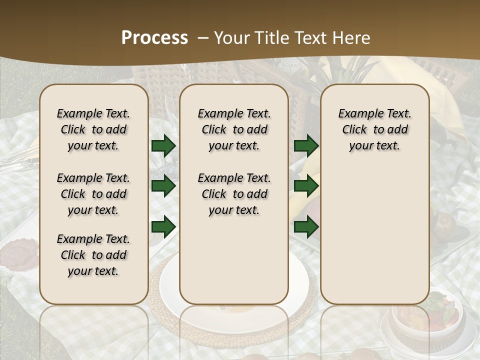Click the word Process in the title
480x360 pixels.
tap(154, 38)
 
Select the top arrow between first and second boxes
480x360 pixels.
tap(163, 146)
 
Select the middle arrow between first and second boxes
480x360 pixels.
tap(163, 186)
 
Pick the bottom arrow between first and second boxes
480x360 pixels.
tap(163, 226)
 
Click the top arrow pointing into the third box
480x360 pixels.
tap(306, 146)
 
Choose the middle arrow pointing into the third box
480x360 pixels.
tap(306, 186)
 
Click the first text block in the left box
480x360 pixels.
tap(93, 129)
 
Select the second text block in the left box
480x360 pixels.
tap(93, 194)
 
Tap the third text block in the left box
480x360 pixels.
tap(93, 255)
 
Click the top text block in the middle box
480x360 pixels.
tap(234, 129)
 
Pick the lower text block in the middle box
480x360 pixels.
tap(234, 194)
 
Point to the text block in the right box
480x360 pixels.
tap(375, 129)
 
